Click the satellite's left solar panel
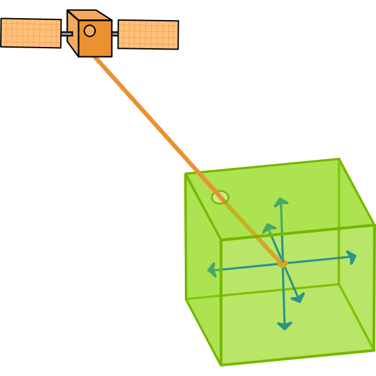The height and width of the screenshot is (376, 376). (31, 33)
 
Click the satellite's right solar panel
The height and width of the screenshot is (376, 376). (148, 34)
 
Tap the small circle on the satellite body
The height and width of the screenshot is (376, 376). (90, 31)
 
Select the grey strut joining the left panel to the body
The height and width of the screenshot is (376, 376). (67, 34)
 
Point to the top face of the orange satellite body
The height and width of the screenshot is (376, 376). (89, 15)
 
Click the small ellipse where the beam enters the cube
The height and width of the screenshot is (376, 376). (220, 197)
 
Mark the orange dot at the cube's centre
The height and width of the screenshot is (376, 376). (283, 264)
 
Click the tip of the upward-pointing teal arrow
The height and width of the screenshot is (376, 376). (281, 199)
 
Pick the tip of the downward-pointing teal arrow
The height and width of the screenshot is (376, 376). (285, 329)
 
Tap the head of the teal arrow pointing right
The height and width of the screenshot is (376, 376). (355, 256)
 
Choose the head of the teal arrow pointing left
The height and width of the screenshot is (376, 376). (209, 271)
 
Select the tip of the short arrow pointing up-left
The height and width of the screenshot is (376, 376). (265, 224)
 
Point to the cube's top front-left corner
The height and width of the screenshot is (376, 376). (221, 239)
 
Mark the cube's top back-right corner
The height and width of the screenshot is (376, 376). (339, 159)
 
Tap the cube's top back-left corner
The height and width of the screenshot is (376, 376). (185, 174)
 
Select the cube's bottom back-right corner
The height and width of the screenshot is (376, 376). (339, 284)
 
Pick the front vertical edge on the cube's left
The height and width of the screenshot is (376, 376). (221, 301)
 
